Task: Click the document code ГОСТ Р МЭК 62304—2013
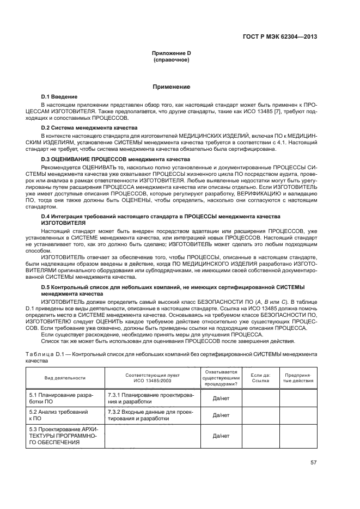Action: pos(279,38)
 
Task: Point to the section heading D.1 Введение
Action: pos(59,96)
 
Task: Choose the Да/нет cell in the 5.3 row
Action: pos(221,436)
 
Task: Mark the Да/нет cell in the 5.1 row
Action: pos(221,398)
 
